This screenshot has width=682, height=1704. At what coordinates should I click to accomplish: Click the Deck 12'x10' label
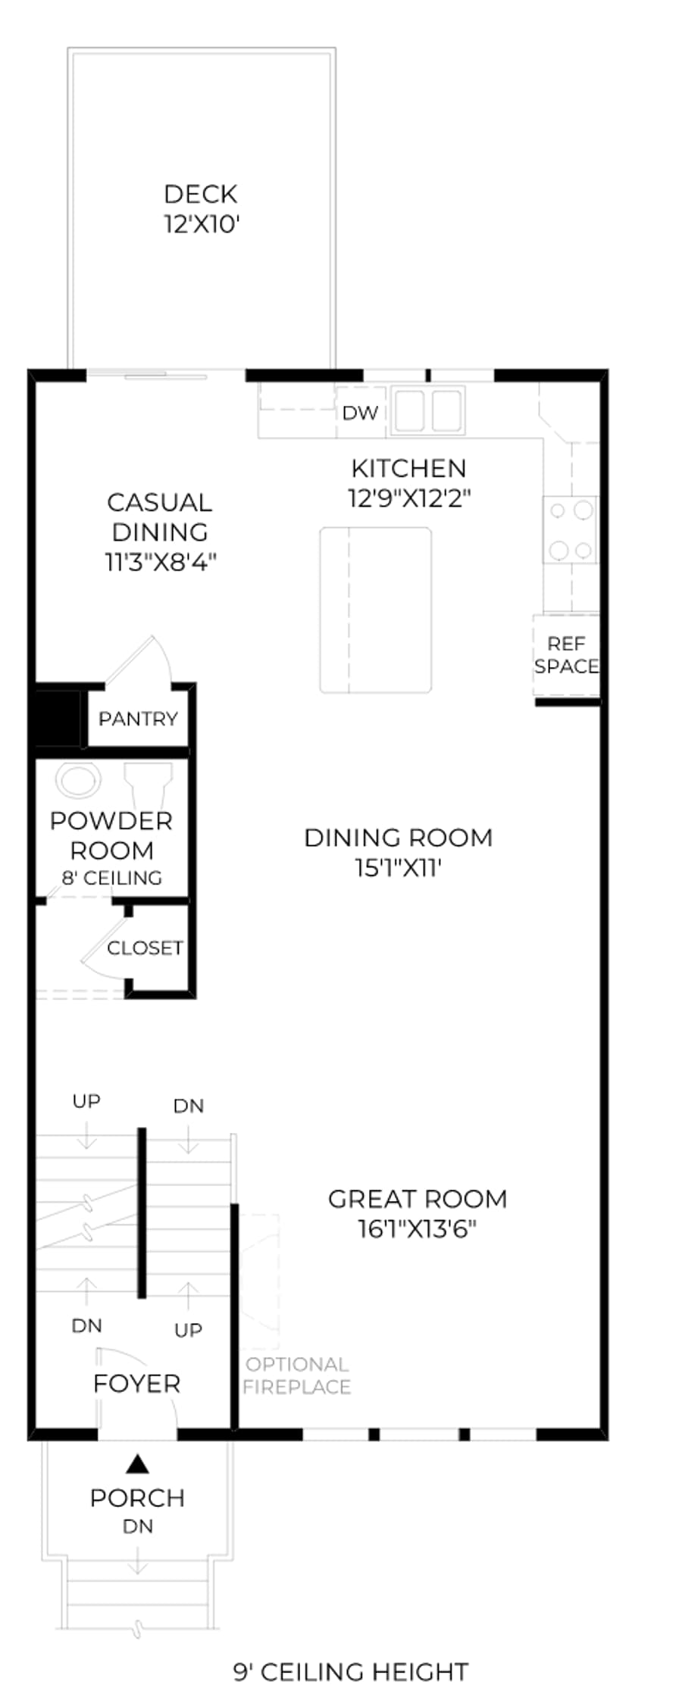[x=202, y=209]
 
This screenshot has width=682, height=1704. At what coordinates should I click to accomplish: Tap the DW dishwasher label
[x=360, y=413]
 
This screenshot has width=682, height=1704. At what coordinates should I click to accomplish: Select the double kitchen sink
[x=428, y=410]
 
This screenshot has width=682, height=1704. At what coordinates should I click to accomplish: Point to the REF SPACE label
[x=567, y=655]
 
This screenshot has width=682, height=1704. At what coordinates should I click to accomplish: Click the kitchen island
[x=376, y=610]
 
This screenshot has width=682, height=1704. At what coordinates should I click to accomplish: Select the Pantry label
[x=138, y=718]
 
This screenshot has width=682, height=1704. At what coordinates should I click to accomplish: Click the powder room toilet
[x=149, y=785]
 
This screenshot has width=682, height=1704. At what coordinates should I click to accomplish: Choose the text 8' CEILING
[x=112, y=878]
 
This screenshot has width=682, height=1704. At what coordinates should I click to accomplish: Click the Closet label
[x=145, y=948]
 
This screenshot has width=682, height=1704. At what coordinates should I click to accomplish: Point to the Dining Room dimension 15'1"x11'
[x=399, y=868]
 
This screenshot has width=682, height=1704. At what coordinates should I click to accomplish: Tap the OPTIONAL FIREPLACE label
[x=297, y=1375]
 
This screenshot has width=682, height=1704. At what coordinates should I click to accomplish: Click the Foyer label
[x=137, y=1384]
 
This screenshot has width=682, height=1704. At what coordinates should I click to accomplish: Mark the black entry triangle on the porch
[x=137, y=1464]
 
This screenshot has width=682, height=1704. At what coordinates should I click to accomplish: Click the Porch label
[x=137, y=1498]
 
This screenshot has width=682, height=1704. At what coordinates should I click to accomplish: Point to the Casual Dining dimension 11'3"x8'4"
[x=161, y=562]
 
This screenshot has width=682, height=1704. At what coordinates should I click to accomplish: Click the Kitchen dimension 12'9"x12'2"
[x=410, y=498]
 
